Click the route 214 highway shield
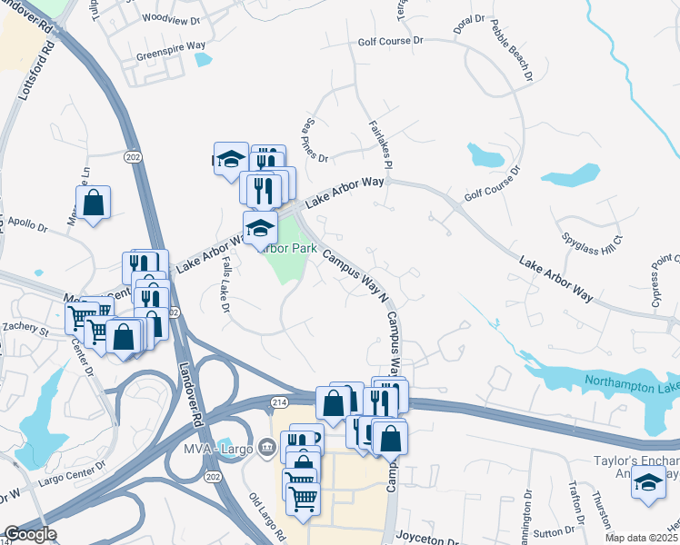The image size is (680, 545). pyautogui.click(x=277, y=401)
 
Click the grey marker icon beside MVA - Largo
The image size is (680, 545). pyautogui.click(x=266, y=446)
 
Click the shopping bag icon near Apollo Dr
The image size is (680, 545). pyautogui.click(x=94, y=202)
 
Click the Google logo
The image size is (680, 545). pyautogui.click(x=30, y=534)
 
